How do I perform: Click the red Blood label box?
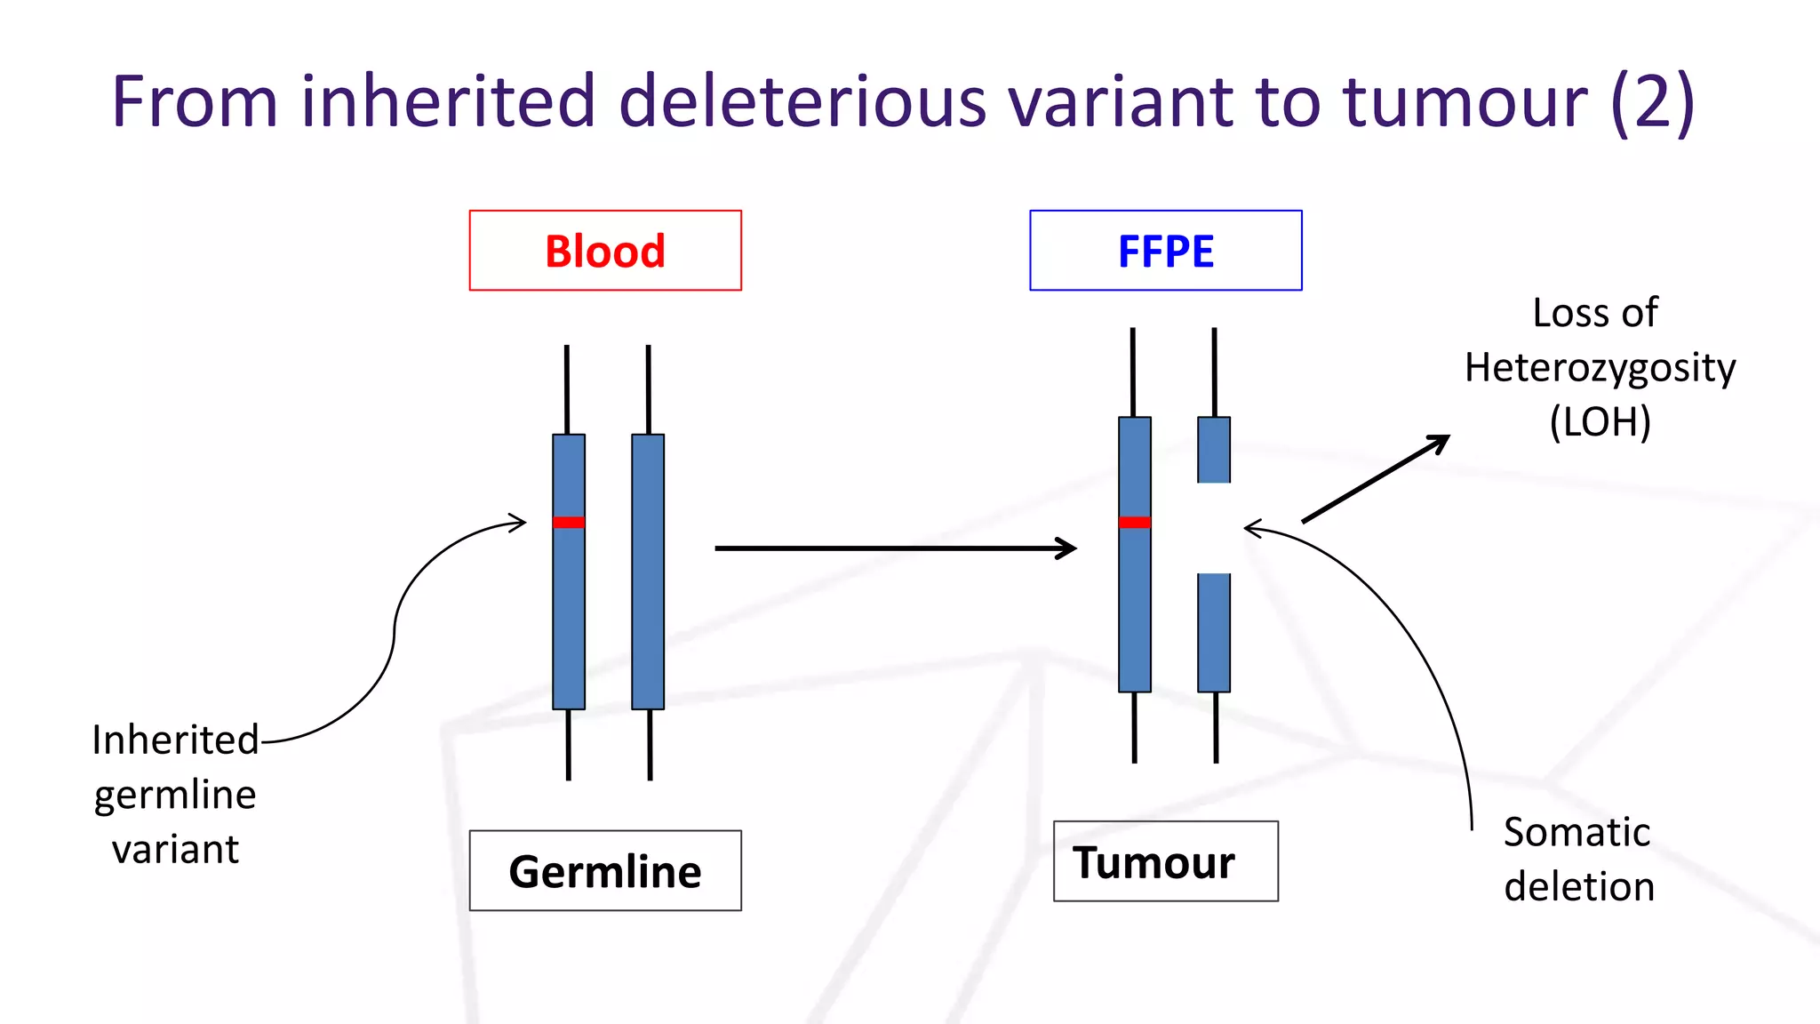click(x=605, y=251)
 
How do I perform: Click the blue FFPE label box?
click(x=1165, y=251)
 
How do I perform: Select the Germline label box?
click(x=605, y=870)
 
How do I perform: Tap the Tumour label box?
click(x=1165, y=861)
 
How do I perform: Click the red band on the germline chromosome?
click(x=569, y=522)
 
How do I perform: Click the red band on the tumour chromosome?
click(x=1135, y=522)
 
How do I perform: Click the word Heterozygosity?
click(x=1600, y=367)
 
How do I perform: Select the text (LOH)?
click(x=1600, y=421)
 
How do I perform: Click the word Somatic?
click(x=1577, y=832)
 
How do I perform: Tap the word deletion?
click(x=1579, y=886)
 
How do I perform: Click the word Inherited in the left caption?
click(x=175, y=740)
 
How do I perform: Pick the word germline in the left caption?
click(x=175, y=794)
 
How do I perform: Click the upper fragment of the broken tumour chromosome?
click(x=1214, y=450)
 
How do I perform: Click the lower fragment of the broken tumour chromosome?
click(x=1214, y=632)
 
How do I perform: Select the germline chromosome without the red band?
click(x=648, y=571)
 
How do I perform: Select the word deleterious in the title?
click(x=802, y=101)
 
